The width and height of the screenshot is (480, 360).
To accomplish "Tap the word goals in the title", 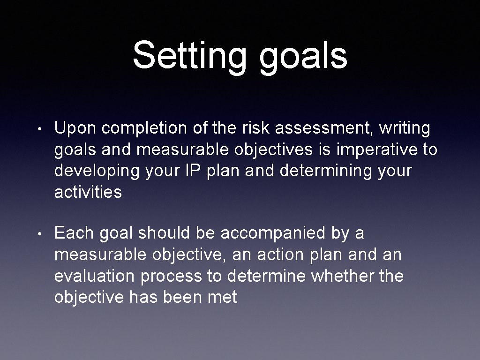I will [x=303, y=56].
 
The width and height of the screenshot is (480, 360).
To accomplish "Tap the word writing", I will [x=405, y=128].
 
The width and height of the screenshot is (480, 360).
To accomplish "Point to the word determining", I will [x=323, y=171].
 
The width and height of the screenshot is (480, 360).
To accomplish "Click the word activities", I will [x=88, y=192].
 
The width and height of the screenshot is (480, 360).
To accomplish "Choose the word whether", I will [x=342, y=276].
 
